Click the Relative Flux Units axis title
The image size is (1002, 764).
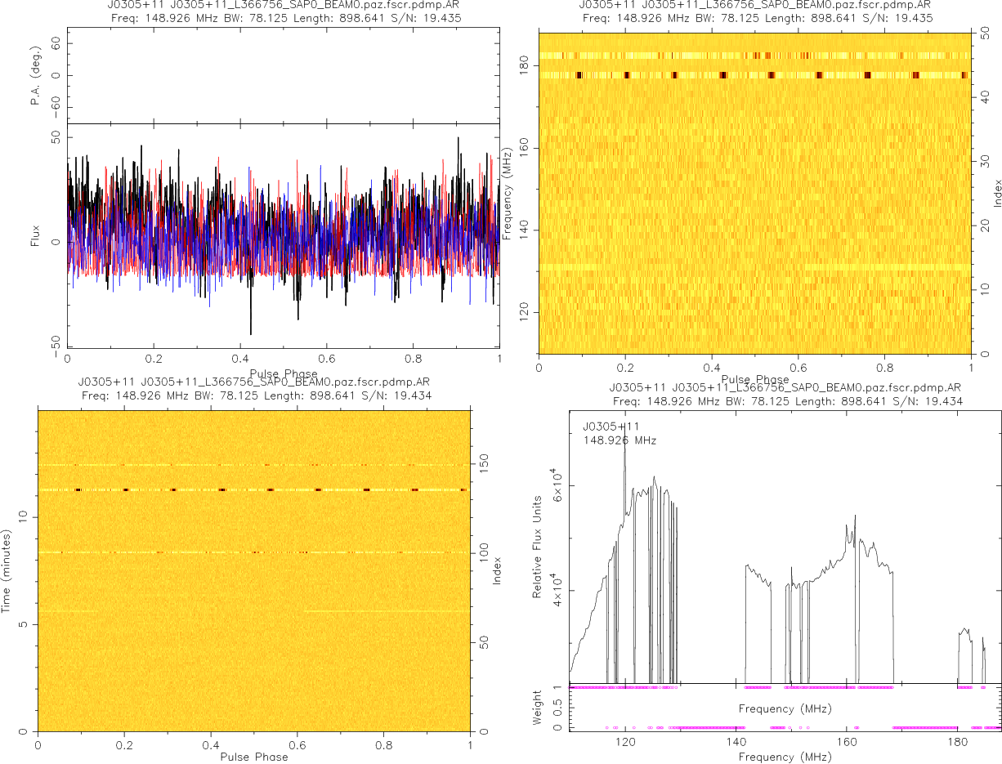[x=538, y=546]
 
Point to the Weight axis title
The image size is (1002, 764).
[x=538, y=708]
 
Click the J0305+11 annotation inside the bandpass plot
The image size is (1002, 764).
[x=611, y=427]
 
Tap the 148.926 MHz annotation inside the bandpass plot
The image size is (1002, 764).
[x=619, y=440]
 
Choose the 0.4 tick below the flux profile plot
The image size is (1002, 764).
[x=239, y=358]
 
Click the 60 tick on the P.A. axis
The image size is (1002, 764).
[x=56, y=45]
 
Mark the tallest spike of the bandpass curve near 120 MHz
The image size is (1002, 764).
[x=624, y=422]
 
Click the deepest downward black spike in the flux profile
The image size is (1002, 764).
[x=250, y=333]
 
